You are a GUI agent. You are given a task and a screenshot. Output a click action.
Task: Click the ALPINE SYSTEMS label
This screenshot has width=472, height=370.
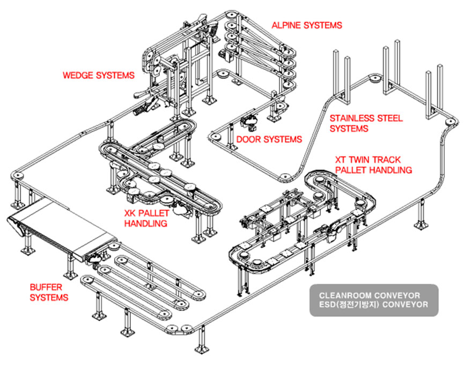(307, 25)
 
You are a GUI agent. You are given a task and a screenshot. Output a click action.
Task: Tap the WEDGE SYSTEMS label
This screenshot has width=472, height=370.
(99, 75)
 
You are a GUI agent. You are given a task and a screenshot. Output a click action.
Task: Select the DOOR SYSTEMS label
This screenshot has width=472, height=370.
(269, 139)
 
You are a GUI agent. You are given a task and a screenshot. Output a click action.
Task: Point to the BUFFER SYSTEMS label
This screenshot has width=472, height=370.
(49, 292)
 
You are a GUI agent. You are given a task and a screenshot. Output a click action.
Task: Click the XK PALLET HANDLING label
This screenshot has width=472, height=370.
(146, 218)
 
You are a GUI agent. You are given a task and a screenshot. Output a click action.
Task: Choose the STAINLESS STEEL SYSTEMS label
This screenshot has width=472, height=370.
(366, 123)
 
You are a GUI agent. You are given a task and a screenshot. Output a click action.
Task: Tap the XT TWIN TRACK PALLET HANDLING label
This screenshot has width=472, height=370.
(373, 165)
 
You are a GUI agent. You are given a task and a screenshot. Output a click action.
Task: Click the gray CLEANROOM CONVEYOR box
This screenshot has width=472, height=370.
(374, 300)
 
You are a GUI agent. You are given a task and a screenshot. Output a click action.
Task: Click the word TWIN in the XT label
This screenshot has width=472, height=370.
(361, 160)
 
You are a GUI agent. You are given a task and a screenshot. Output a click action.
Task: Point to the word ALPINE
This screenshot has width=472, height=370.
(287, 25)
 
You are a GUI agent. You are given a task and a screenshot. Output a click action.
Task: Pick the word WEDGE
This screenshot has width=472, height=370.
(78, 75)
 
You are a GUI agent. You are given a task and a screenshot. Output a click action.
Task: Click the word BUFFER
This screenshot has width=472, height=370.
(46, 287)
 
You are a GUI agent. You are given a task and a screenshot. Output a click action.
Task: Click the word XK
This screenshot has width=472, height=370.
(130, 213)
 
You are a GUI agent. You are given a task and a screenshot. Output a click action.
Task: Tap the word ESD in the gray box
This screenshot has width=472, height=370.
(326, 305)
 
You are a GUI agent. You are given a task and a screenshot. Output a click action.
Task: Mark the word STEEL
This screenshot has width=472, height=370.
(390, 119)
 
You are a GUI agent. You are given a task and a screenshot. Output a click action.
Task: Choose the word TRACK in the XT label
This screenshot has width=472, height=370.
(388, 160)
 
